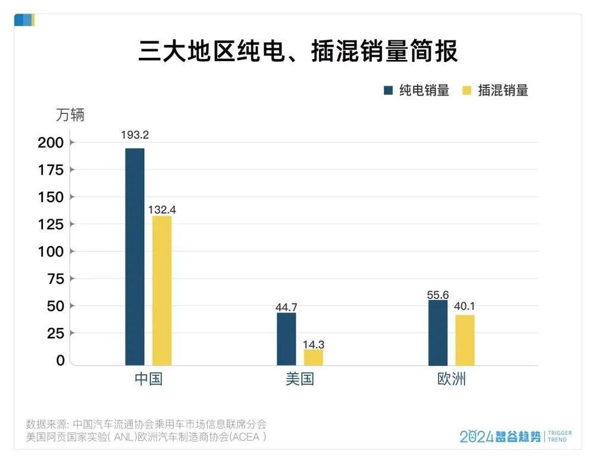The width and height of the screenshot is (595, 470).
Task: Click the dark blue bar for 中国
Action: tap(134, 257)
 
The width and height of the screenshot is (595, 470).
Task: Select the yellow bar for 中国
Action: tap(162, 291)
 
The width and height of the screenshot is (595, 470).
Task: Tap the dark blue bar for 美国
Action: tap(287, 339)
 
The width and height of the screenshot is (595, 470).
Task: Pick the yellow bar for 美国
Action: tap(314, 358)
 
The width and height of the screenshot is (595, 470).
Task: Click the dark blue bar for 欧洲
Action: tap(438, 333)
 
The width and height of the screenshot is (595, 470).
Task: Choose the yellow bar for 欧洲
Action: tap(465, 340)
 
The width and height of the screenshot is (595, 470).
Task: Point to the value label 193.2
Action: tap(134, 135)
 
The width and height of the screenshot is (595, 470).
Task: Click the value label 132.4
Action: tap(162, 210)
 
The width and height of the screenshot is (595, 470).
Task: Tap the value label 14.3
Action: tap(314, 345)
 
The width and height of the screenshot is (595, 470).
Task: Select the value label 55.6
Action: tap(438, 295)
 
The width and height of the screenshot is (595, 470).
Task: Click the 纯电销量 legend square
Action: tap(388, 90)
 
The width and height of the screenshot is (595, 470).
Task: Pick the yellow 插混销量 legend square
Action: tap(466, 90)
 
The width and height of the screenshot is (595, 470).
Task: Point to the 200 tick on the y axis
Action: tap(51, 143)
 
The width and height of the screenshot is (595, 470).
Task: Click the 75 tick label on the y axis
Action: tap(55, 279)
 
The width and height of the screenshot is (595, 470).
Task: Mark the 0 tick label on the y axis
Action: tap(60, 361)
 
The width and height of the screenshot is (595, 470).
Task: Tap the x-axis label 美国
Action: tap(300, 379)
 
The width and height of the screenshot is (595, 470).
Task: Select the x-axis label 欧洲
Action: tap(452, 379)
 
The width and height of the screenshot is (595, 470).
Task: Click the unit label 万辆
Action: tap(70, 115)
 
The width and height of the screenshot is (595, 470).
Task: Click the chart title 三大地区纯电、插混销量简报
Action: tap(298, 51)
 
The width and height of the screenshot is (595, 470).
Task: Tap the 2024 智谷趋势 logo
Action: tap(515, 437)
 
